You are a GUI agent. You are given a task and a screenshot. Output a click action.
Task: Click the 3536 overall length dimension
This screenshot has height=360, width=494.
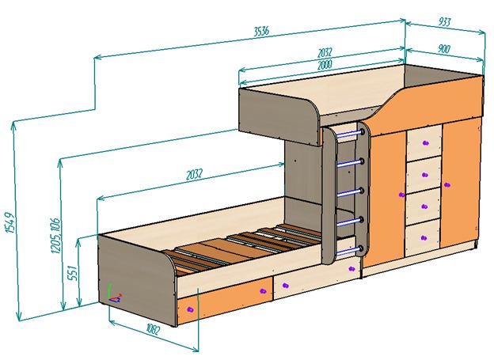260,32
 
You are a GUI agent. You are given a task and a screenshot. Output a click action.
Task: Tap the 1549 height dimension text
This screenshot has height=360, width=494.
8,228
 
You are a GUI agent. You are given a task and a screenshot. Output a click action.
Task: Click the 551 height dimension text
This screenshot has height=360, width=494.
70,272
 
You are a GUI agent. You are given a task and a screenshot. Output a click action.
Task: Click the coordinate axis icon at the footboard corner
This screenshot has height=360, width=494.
114,294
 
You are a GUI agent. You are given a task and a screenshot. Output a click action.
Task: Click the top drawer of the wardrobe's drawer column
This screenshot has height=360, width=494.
424,142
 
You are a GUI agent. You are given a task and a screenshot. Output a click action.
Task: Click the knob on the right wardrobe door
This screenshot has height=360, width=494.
447,185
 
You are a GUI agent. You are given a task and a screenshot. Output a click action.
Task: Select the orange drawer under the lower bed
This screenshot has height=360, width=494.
225,297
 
